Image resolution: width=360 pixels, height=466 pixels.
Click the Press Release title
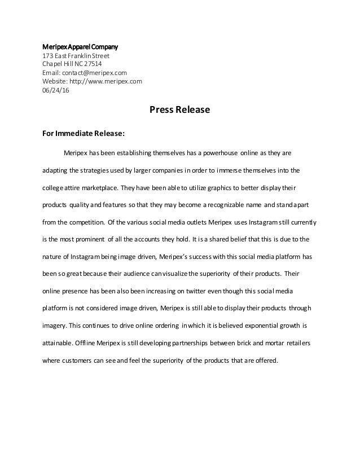(179, 110)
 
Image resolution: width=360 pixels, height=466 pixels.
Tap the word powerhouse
(219, 152)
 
